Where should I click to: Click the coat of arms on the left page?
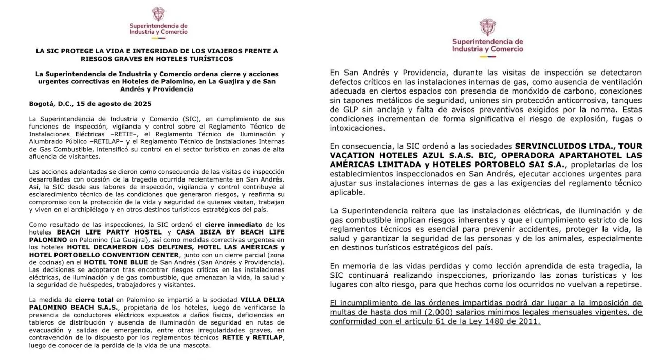click(x=158, y=14)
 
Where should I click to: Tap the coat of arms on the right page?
click(x=487, y=27)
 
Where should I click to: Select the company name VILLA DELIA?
click(x=260, y=299)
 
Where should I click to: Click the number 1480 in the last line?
click(x=492, y=321)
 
